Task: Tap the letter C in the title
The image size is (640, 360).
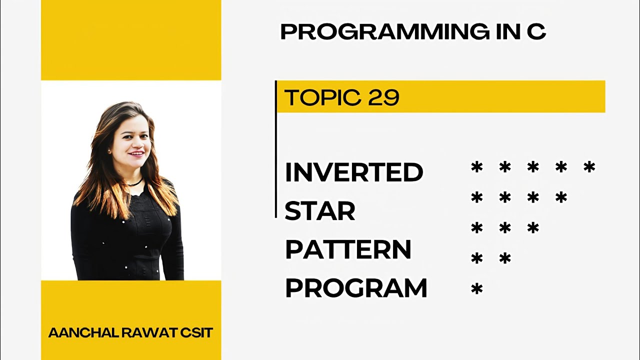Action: click(x=536, y=32)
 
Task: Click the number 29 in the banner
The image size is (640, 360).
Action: click(x=383, y=97)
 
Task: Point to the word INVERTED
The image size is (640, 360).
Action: click(x=354, y=172)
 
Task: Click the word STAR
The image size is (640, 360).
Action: click(x=320, y=211)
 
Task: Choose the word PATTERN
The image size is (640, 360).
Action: click(x=348, y=249)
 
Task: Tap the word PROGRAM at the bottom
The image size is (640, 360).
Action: click(x=356, y=288)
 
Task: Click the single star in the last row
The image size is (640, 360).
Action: click(x=477, y=289)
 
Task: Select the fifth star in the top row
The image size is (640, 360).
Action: click(x=589, y=167)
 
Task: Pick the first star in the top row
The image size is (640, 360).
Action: click(x=477, y=167)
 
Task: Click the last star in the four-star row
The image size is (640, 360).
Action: click(x=561, y=197)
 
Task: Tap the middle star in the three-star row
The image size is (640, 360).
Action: click(x=505, y=228)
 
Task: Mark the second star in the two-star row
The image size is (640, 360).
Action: click(x=505, y=258)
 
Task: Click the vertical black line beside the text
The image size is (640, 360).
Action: click(x=275, y=150)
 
